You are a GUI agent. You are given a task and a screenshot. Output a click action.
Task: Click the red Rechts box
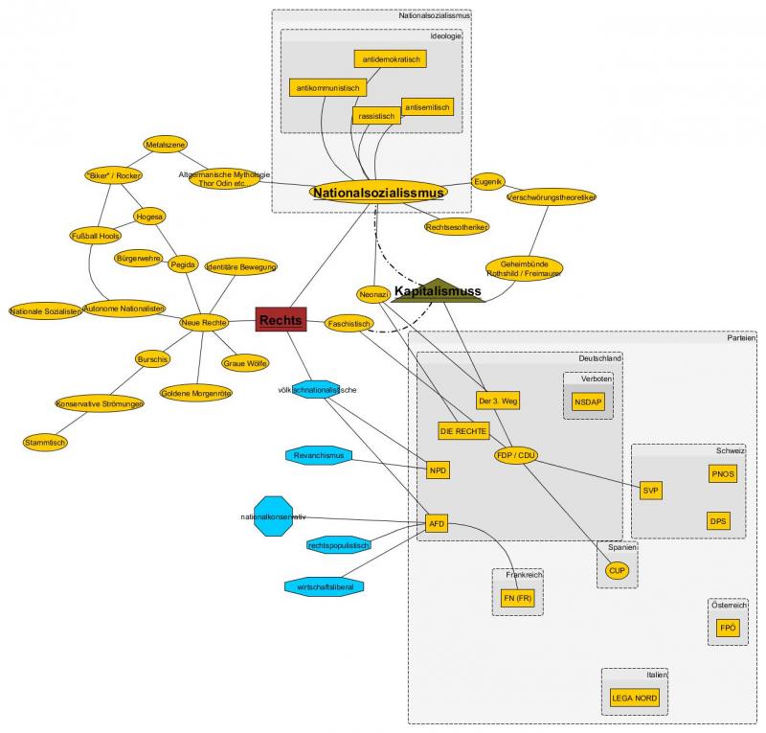[281, 320]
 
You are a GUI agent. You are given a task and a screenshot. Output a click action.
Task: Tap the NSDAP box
[589, 402]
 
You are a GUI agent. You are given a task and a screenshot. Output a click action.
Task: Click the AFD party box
[438, 524]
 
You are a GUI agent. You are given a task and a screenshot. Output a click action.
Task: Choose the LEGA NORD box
[635, 698]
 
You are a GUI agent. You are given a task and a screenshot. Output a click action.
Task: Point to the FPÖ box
[728, 628]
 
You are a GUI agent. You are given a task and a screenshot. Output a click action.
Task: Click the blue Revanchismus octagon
[319, 455]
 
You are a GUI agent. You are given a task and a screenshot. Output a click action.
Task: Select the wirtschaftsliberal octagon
[325, 584]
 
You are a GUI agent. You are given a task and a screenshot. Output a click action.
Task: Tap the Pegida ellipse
[183, 263]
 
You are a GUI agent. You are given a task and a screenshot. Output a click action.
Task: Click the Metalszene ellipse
[165, 145]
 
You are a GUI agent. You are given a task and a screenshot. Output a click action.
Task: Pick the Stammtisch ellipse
[46, 442]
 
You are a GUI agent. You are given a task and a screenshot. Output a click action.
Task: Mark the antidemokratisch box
[391, 59]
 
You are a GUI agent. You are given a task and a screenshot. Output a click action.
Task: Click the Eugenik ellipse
[488, 181]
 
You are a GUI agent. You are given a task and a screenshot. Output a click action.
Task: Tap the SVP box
[652, 491]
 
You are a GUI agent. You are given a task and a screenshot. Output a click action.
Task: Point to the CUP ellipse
[617, 570]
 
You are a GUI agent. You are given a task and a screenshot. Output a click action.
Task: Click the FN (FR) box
[518, 599]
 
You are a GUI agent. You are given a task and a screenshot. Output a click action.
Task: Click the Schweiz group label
[730, 450]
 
